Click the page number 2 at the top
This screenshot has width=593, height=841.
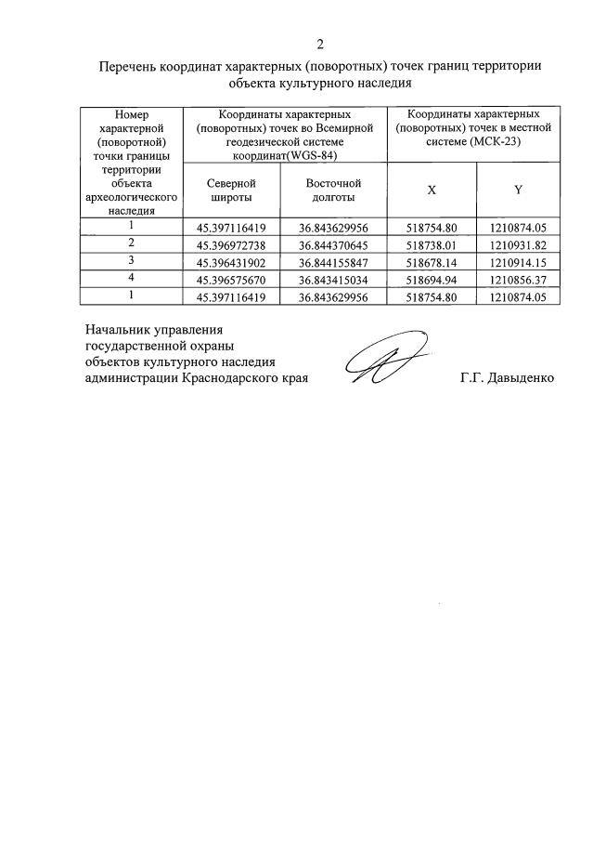click(x=320, y=44)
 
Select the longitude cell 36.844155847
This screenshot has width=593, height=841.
click(x=334, y=261)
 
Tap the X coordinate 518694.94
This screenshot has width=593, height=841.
click(x=432, y=279)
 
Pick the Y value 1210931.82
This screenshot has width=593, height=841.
click(x=517, y=243)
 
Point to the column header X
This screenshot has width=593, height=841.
click(x=432, y=191)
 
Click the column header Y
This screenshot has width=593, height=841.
click(x=518, y=191)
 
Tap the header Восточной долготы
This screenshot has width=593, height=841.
click(x=333, y=191)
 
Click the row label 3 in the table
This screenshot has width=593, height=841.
click(x=132, y=260)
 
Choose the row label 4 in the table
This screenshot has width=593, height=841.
click(x=132, y=278)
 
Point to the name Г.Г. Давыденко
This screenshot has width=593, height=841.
click(x=507, y=378)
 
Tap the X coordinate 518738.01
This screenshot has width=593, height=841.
click(x=432, y=243)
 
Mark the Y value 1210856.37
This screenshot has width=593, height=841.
click(x=517, y=279)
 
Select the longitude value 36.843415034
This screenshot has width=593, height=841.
click(x=334, y=279)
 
